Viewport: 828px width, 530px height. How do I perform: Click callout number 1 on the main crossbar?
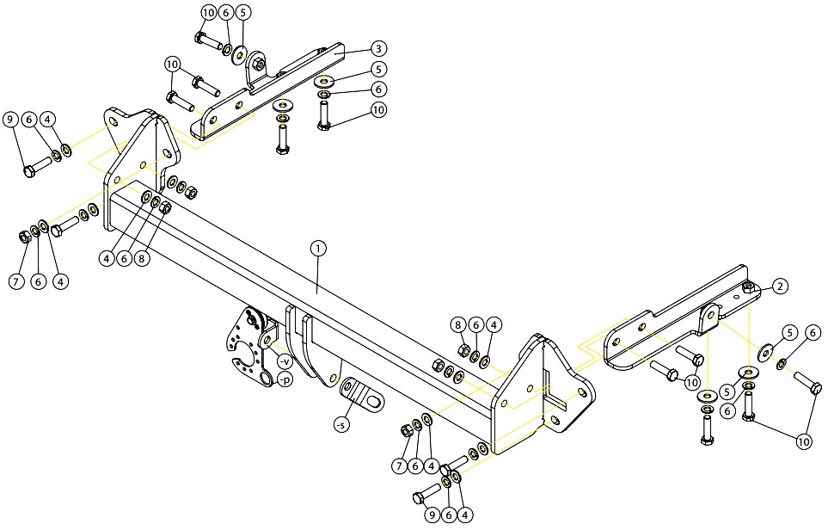point(318,248)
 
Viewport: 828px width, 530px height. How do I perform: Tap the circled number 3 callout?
point(378,49)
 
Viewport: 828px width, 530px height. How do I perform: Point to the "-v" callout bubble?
point(284,361)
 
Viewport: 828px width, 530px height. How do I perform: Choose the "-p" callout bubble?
point(285,379)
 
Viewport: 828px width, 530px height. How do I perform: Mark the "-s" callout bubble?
point(342,424)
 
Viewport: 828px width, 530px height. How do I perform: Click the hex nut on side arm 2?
point(748,288)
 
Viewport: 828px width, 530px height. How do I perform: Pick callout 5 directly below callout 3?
point(378,69)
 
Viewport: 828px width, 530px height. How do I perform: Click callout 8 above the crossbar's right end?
point(458,324)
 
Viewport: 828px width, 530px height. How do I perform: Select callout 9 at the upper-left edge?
point(10,120)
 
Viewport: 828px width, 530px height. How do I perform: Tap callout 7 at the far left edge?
point(16,281)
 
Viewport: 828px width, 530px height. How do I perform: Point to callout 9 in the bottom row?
point(432,515)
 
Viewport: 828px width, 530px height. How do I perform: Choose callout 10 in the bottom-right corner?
point(804,441)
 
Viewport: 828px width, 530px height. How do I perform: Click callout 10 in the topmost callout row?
point(209,12)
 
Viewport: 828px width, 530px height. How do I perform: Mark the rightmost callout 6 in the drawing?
point(813,332)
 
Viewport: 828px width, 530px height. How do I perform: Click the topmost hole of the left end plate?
point(113,123)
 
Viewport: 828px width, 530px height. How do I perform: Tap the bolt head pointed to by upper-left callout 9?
point(29,172)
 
